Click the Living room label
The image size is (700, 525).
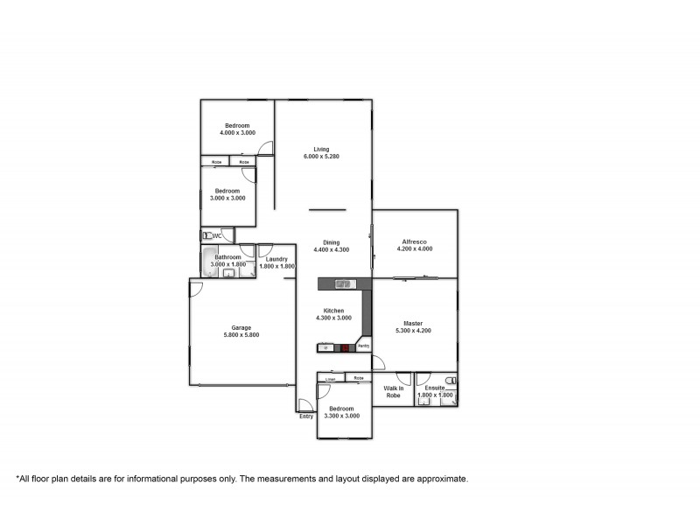321,150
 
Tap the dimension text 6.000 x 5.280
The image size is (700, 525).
321,157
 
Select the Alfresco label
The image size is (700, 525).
414,241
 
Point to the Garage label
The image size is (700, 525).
241,328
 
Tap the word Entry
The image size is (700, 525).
306,416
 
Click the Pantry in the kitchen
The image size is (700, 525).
363,346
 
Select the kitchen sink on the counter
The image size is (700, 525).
343,283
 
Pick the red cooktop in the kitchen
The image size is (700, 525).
346,347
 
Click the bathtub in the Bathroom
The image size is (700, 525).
207,262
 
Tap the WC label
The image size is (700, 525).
217,235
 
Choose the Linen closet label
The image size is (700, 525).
331,379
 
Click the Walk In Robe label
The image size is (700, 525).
393,391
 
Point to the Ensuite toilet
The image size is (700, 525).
450,381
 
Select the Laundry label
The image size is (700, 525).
274,259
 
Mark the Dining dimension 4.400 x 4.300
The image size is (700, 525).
332,250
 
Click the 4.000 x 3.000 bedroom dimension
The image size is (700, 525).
237,133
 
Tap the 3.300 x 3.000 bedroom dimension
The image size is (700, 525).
341,416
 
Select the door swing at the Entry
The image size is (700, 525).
304,404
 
